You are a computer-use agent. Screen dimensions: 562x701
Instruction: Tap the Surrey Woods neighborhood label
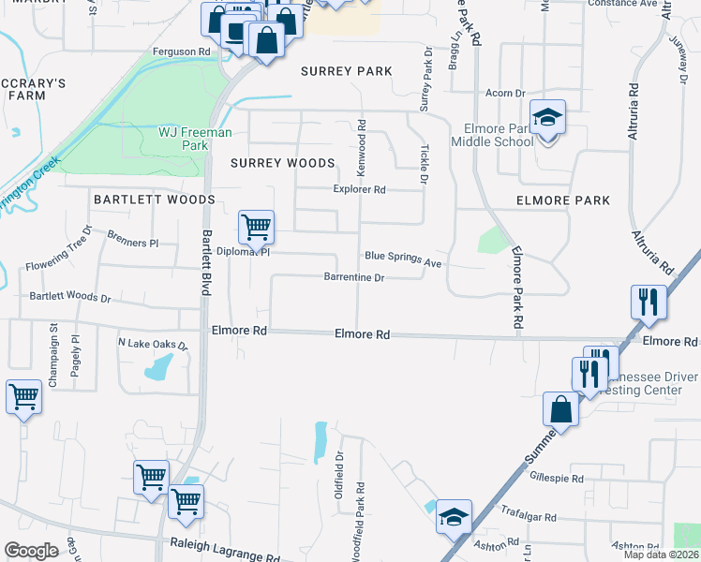point(282,163)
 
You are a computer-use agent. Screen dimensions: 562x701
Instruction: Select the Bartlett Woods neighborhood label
point(154,200)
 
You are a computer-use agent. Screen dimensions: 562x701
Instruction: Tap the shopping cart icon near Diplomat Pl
point(255,226)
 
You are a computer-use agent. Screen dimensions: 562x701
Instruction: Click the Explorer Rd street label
point(360,189)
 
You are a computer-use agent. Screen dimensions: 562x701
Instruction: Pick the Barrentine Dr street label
point(354,278)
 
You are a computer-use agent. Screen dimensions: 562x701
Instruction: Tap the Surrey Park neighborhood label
point(346,71)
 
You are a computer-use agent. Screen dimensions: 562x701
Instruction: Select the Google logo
point(31,551)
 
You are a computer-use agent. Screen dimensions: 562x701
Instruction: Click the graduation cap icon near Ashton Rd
point(454,516)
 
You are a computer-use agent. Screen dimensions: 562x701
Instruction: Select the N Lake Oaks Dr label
point(153,343)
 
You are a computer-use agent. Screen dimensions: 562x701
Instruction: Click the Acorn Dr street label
point(504,93)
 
